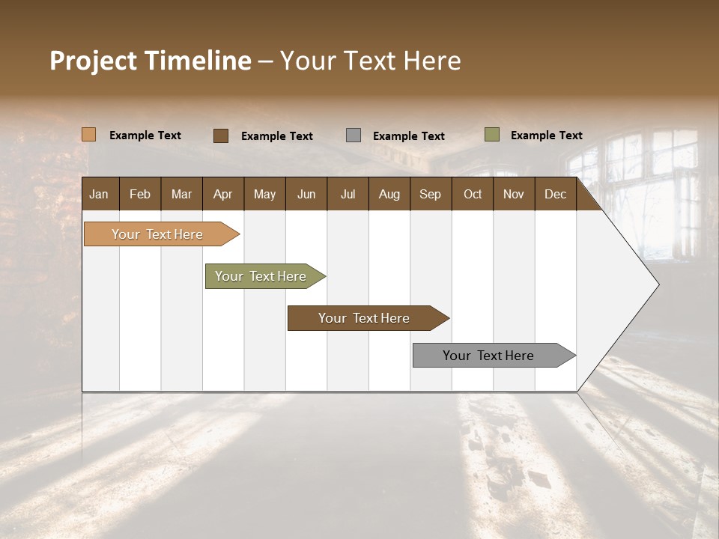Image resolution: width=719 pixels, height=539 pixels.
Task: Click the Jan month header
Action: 99,195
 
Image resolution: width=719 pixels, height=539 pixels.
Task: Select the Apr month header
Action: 222,195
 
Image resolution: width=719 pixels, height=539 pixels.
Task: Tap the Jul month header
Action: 348,195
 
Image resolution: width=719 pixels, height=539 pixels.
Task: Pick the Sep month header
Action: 430,195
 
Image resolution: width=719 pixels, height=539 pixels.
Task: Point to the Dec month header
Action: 555,195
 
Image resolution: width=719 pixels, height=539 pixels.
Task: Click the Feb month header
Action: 140,195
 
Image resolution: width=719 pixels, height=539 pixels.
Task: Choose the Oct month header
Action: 473,195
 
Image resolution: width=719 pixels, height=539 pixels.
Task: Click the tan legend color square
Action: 88,135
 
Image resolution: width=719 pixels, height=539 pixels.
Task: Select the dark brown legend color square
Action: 220,135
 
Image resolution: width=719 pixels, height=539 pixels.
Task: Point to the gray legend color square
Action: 353,135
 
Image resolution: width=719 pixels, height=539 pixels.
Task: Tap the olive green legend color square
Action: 491,135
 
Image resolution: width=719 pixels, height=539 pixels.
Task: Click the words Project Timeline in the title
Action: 150,61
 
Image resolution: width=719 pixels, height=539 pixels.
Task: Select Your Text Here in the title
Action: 371,61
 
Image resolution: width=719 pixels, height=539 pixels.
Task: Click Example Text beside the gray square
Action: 408,136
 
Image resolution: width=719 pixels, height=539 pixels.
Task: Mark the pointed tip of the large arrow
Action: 657,284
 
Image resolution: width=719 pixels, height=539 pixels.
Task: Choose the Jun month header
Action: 306,195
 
